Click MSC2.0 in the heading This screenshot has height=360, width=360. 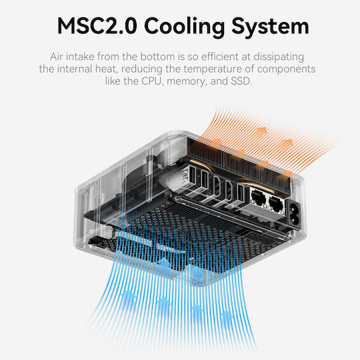(x=97, y=26)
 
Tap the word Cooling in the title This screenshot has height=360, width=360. (x=185, y=27)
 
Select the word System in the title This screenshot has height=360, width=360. (x=270, y=27)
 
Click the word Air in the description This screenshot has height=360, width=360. (x=56, y=57)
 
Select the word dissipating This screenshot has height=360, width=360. (x=279, y=57)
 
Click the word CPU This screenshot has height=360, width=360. (x=152, y=81)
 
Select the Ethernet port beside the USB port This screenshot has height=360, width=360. (x=259, y=197)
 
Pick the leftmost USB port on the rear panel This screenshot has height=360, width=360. (x=192, y=175)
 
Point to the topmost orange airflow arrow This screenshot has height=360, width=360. (x=261, y=133)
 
